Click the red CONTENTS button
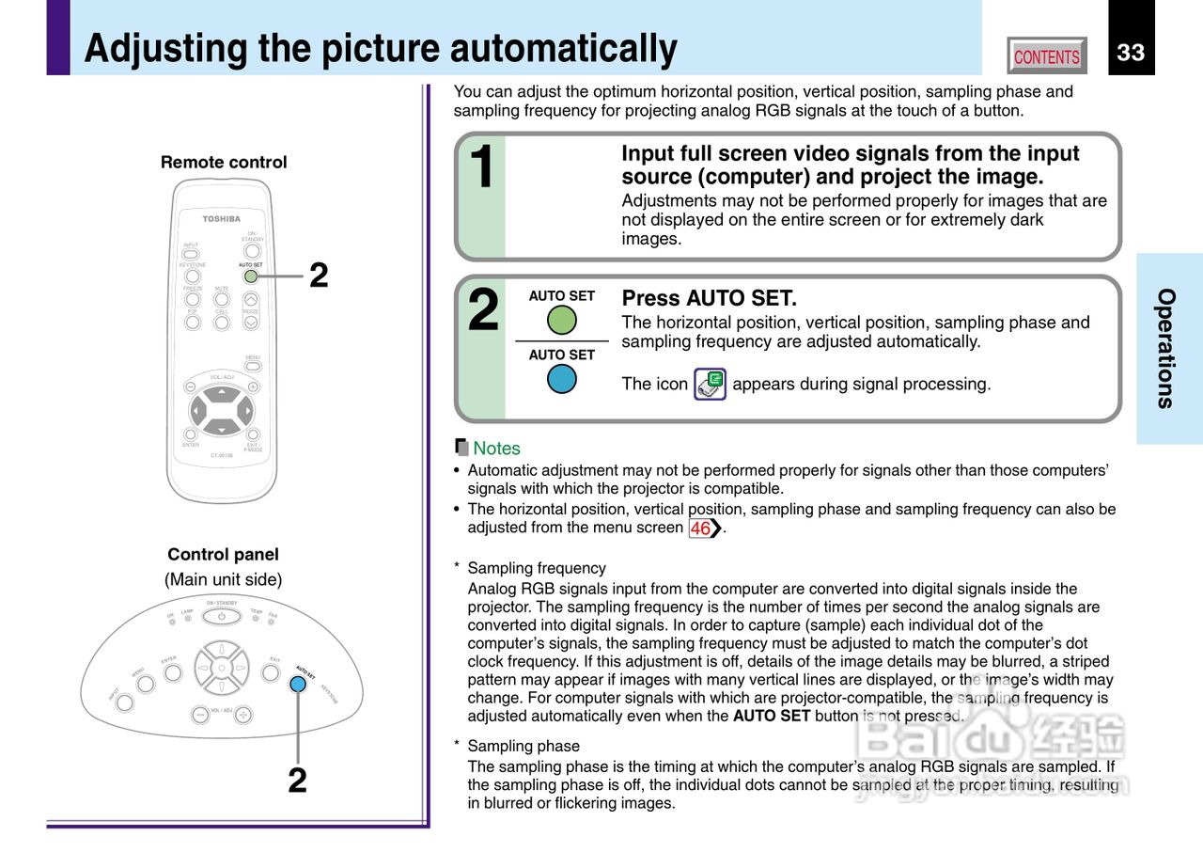point(1046,56)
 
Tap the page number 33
point(1131,53)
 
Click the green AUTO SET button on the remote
point(251,276)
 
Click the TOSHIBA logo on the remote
point(221,219)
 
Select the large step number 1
point(481,170)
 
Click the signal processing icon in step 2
point(710,384)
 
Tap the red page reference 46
point(701,529)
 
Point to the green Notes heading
point(496,449)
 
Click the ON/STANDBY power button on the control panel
point(222,617)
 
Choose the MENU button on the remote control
point(252,366)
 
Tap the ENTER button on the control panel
point(172,673)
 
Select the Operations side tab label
point(1165,348)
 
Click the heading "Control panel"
point(223,555)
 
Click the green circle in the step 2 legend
point(561,320)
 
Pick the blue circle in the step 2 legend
point(561,379)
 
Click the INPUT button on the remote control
point(191,254)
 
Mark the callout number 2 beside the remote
point(319,276)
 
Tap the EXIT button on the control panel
point(271,673)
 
